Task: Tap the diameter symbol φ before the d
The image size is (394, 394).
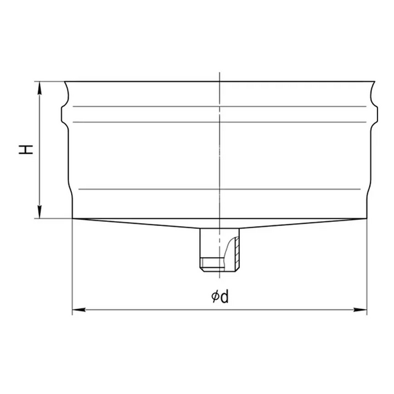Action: (216, 297)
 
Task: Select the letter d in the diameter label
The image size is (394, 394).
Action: (225, 297)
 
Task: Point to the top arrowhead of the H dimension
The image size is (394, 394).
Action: (40, 86)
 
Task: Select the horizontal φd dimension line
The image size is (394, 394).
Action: (152, 309)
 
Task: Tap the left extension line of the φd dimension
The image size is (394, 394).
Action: (73, 270)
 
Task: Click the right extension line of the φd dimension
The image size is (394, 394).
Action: (366, 270)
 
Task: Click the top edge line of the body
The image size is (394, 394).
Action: (152, 82)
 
